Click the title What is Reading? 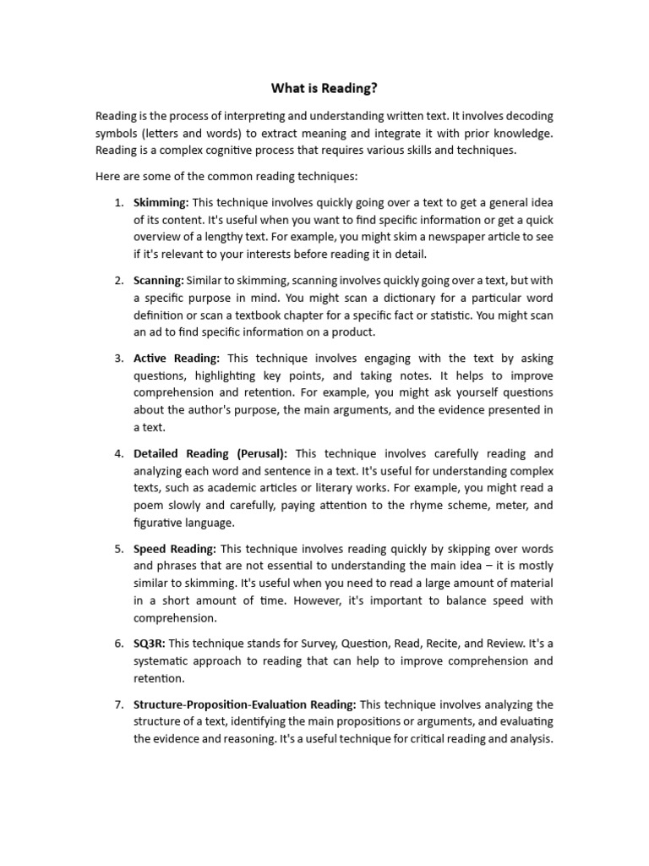tap(324, 88)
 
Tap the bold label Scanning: tap(159, 280)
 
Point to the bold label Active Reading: tap(177, 359)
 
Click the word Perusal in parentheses tap(261, 454)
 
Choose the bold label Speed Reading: tap(175, 549)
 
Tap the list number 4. tap(119, 454)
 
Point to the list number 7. tap(119, 704)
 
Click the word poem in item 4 tap(147, 506)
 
